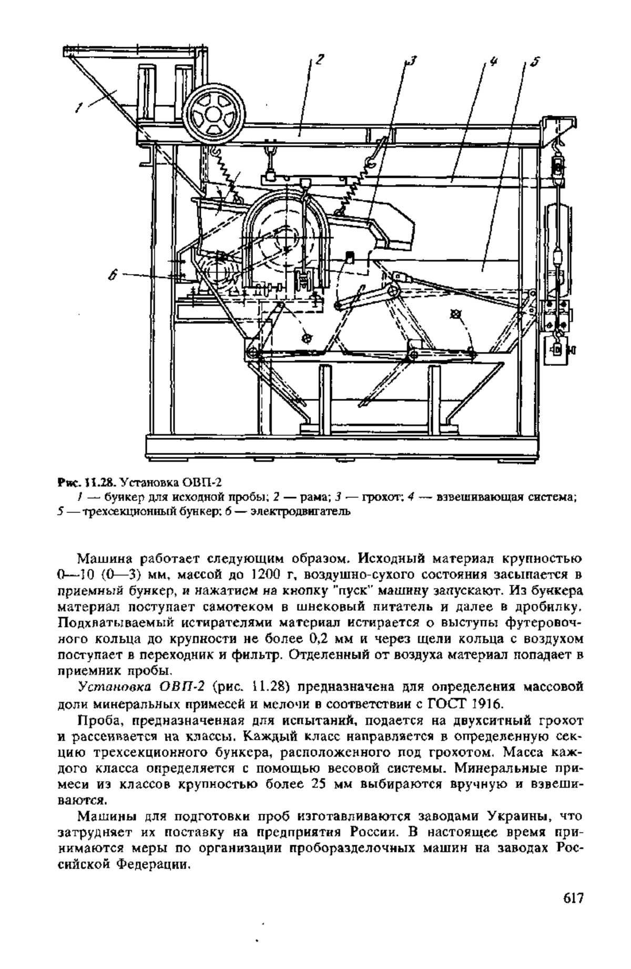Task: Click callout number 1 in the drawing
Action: click(x=80, y=108)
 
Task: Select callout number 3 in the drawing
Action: click(x=412, y=61)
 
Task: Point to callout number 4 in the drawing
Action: click(x=493, y=61)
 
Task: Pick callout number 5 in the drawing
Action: click(x=534, y=62)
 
